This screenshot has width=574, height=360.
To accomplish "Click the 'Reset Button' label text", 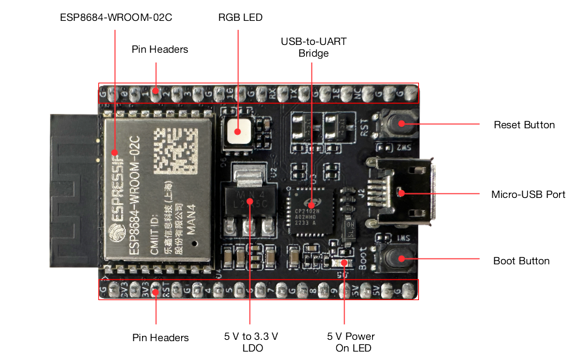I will [524, 124].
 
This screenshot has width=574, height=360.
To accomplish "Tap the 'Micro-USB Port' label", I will [528, 194].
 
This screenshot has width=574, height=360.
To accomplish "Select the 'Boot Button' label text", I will [521, 261].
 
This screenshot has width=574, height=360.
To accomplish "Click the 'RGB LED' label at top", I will [240, 18].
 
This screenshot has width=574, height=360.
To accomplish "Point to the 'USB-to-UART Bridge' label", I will [313, 47].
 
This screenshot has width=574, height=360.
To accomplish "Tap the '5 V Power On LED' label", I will [351, 342].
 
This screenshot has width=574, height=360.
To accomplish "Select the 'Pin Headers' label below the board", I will [160, 337].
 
